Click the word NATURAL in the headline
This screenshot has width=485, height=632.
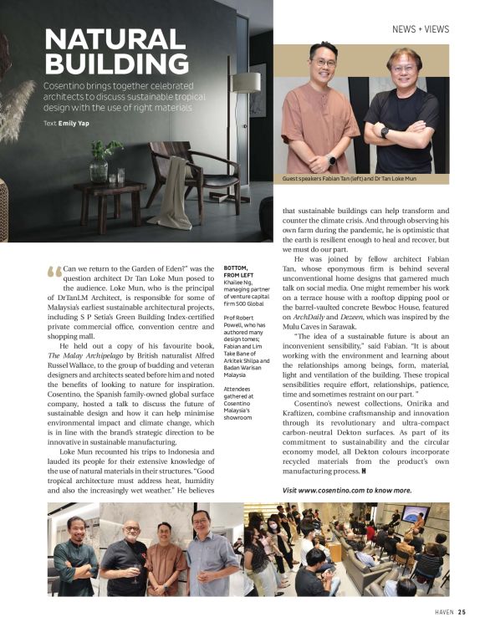pos(115,38)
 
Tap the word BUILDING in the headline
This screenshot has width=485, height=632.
pos(116,64)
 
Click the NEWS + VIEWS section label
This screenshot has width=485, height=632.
pos(420,29)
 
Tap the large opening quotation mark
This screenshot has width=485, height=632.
pos(54,272)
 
